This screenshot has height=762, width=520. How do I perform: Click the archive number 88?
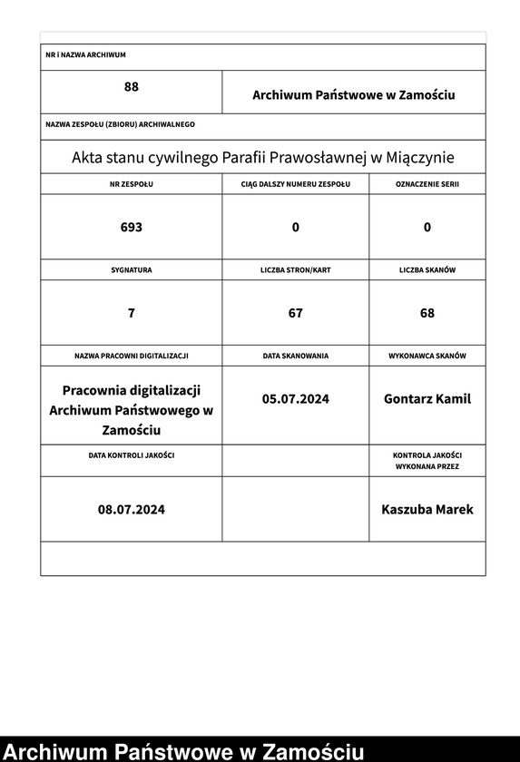pyautogui.click(x=132, y=87)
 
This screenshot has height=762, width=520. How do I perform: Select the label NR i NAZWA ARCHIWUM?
pyautogui.click(x=85, y=55)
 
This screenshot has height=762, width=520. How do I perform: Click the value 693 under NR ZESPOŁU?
pyautogui.click(x=132, y=227)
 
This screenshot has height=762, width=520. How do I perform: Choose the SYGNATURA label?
pyautogui.click(x=132, y=270)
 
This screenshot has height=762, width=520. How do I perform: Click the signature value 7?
pyautogui.click(x=132, y=313)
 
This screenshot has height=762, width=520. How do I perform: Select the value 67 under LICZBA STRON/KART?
pyautogui.click(x=295, y=313)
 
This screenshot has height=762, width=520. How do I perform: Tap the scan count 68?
pyautogui.click(x=427, y=313)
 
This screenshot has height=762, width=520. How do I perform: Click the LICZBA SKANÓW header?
pyautogui.click(x=427, y=270)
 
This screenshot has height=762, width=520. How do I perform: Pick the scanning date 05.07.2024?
pyautogui.click(x=295, y=398)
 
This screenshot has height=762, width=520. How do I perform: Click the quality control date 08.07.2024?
pyautogui.click(x=132, y=509)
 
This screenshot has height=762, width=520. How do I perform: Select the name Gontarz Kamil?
pyautogui.click(x=427, y=398)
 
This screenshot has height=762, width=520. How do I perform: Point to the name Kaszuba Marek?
pyautogui.click(x=427, y=509)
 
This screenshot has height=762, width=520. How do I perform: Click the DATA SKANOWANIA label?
pyautogui.click(x=295, y=357)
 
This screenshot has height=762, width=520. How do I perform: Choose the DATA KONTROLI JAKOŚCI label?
pyautogui.click(x=132, y=454)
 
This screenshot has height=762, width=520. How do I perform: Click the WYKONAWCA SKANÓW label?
pyautogui.click(x=427, y=357)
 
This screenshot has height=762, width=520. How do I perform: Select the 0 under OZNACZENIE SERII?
pyautogui.click(x=427, y=227)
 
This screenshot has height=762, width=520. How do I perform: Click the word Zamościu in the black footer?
pyautogui.click(x=312, y=751)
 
